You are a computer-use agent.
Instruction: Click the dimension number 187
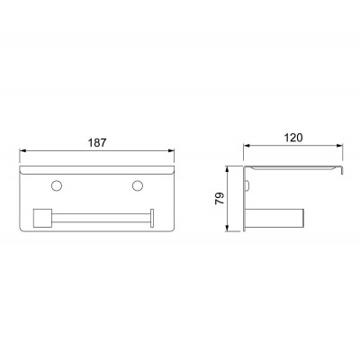point(97,142)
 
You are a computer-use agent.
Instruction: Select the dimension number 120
point(293,138)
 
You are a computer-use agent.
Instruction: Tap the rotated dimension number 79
point(220,199)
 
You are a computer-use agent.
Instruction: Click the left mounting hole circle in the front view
point(57,185)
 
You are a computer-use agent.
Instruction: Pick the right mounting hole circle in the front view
point(138,185)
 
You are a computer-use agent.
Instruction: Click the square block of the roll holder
point(43,218)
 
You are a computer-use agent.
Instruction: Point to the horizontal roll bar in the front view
point(101,218)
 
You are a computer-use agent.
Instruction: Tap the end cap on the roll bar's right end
point(152,218)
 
